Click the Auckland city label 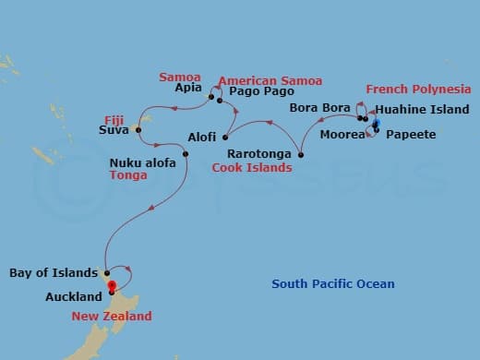(x=73, y=297)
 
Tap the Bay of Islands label (x=53, y=273)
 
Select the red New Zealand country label (x=112, y=317)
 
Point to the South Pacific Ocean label (x=332, y=284)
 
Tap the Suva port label (x=114, y=130)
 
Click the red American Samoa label (x=270, y=79)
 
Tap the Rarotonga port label (x=258, y=154)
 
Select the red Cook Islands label (x=252, y=168)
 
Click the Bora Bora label (x=316, y=108)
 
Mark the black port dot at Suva (x=138, y=130)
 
